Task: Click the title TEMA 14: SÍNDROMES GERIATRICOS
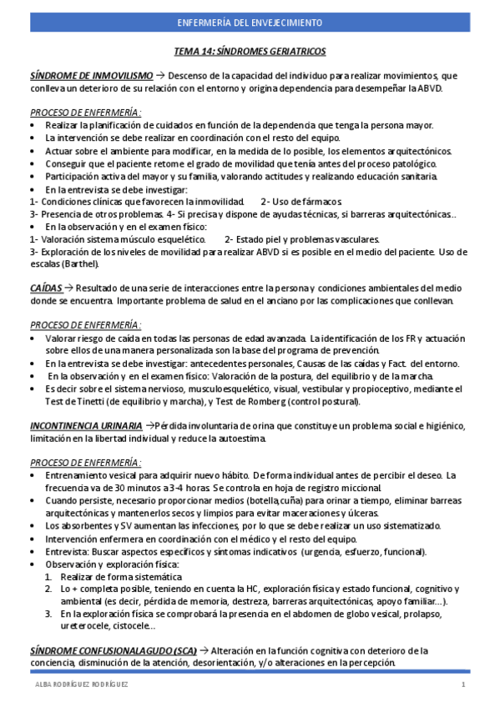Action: (250, 52)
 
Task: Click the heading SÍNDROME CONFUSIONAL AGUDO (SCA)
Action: (115, 650)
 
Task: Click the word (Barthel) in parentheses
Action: (80, 264)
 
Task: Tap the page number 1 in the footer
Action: (462, 685)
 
